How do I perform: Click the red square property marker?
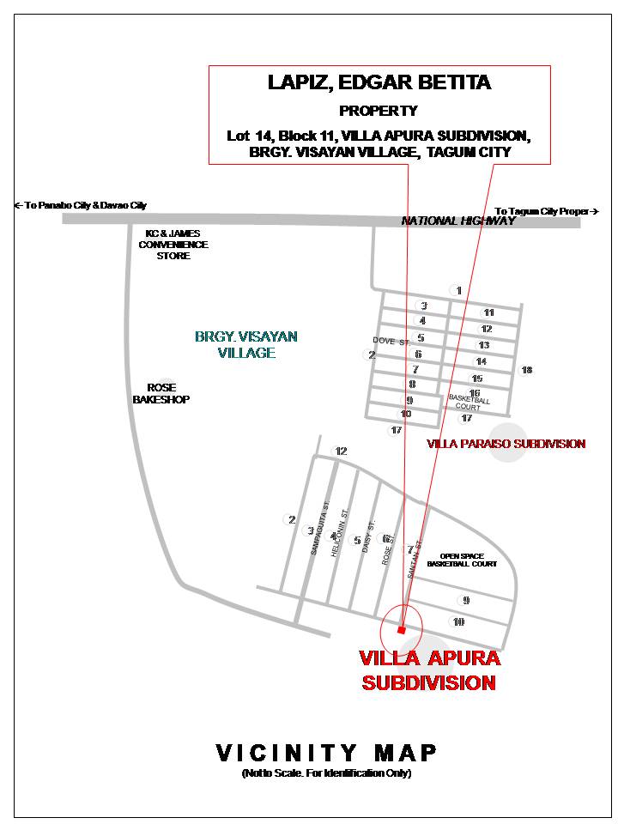401,630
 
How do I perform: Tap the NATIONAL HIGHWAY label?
458,221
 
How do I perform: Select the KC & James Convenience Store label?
173,245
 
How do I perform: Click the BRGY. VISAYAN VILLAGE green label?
234,344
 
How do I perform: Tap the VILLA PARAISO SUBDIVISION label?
506,444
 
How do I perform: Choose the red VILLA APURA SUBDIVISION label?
429,670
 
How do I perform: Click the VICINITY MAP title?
326,753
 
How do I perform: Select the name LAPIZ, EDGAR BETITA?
379,82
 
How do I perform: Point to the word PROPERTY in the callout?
379,111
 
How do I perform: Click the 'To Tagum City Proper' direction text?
546,211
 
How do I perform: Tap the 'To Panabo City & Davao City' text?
81,205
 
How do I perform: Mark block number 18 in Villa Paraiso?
526,370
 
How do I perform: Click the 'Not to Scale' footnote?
326,773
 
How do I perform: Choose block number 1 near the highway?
459,290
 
